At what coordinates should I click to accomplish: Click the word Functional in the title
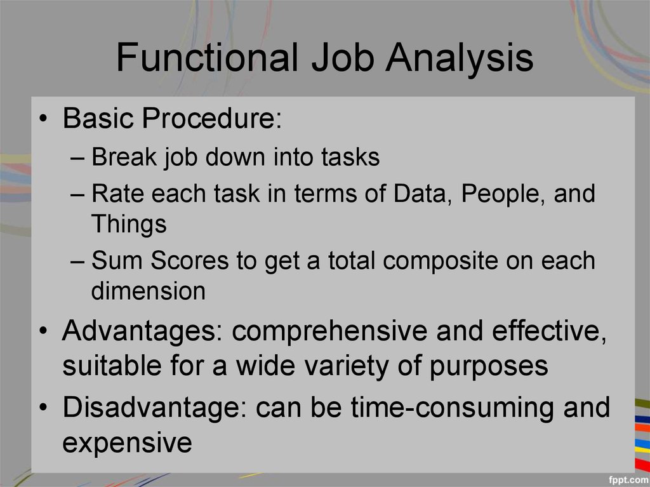[207, 58]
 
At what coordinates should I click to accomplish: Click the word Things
[129, 223]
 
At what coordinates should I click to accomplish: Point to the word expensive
[127, 443]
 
